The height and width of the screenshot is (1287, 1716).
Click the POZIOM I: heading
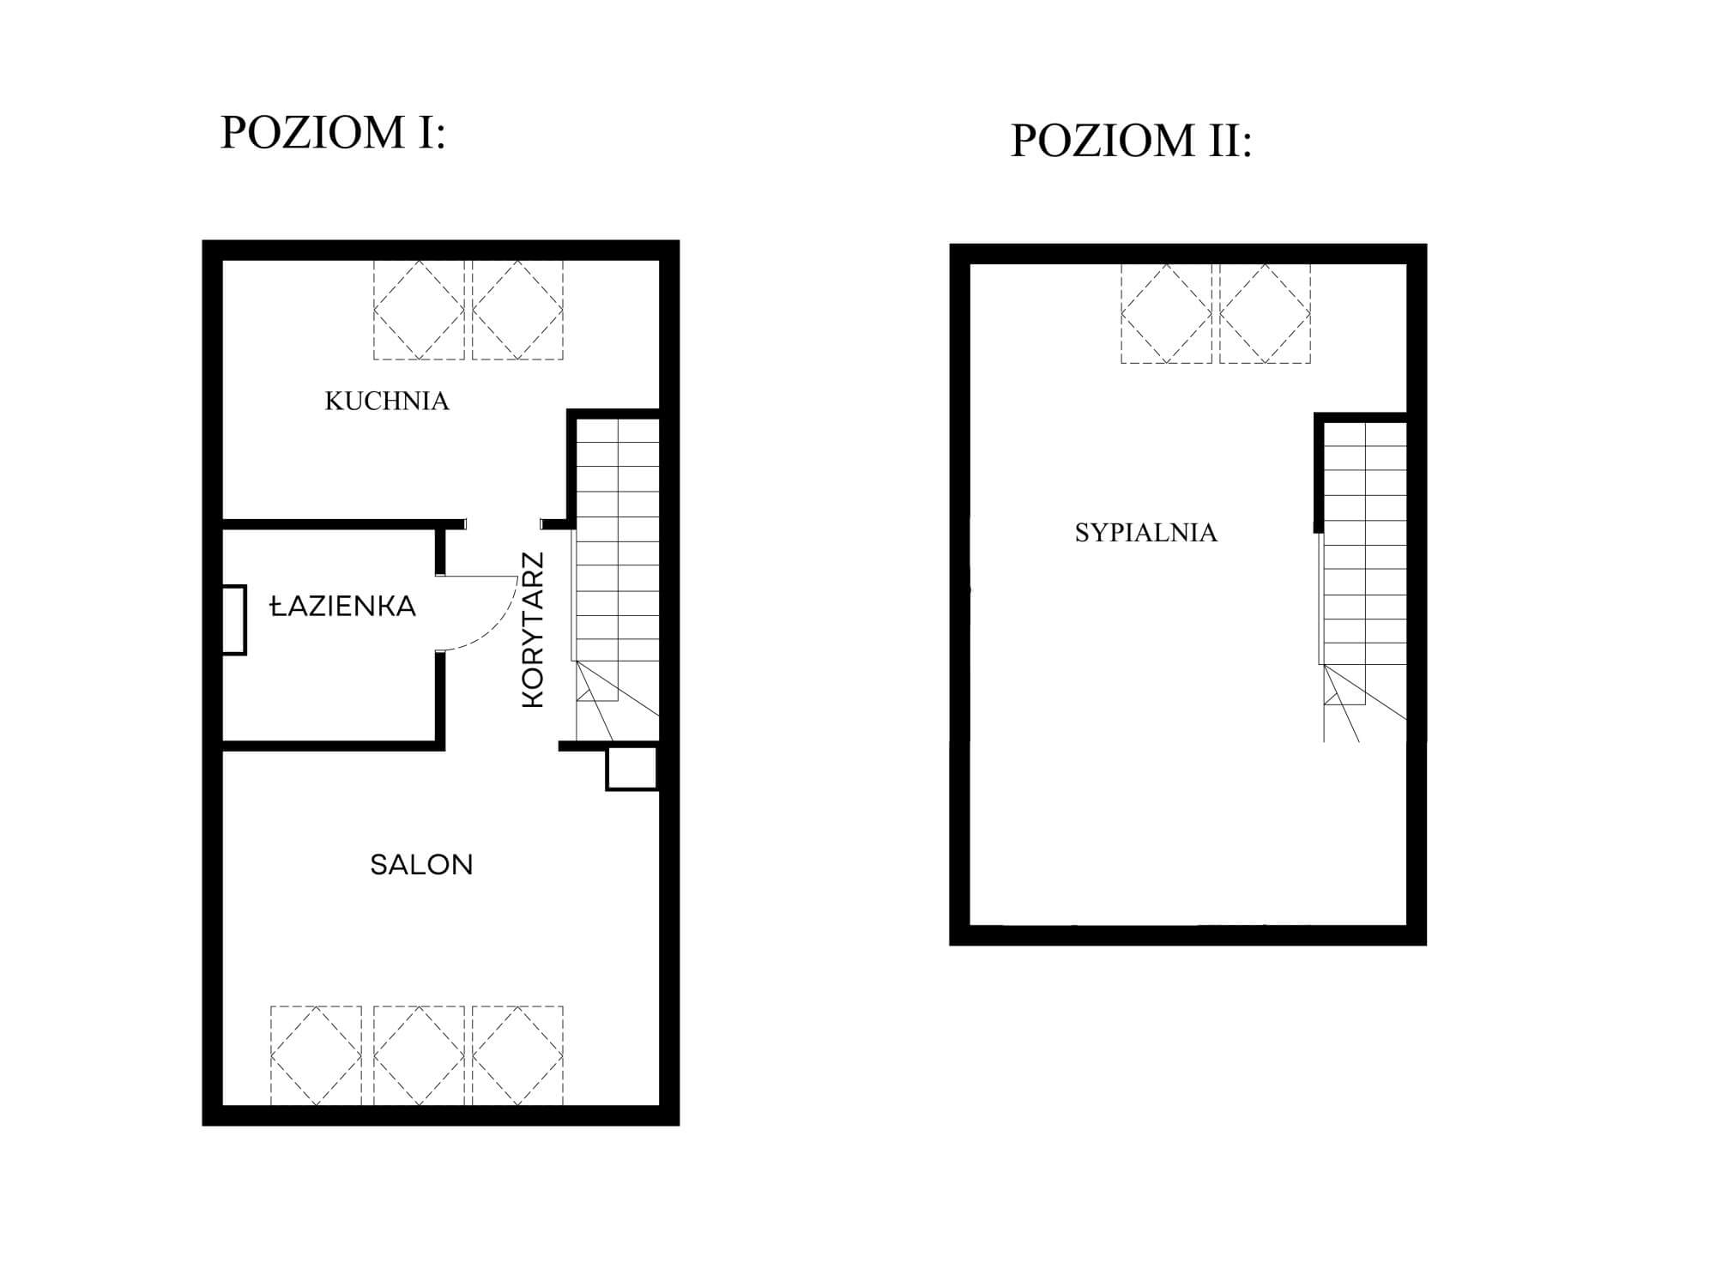tap(333, 133)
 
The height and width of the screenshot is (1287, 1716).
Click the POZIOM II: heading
tap(1132, 141)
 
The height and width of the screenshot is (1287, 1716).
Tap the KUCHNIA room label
tap(387, 401)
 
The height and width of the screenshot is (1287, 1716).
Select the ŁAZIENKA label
tap(343, 607)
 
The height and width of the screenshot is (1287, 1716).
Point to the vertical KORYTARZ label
tap(533, 630)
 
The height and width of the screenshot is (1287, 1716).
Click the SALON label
tap(421, 864)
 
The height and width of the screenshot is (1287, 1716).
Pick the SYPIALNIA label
tap(1146, 533)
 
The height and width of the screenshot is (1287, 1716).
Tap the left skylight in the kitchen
tap(419, 310)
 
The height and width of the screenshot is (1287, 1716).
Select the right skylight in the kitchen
tap(517, 310)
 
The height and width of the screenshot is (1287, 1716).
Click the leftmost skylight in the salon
tap(316, 1055)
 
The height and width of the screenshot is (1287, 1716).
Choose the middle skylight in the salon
tap(419, 1055)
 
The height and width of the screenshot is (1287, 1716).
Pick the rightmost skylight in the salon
tap(517, 1055)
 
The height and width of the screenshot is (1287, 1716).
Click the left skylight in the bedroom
tap(1166, 314)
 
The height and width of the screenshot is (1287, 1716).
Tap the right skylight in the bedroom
tap(1265, 314)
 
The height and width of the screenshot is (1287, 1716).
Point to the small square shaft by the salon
tap(632, 768)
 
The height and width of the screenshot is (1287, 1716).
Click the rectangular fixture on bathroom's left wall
tap(234, 620)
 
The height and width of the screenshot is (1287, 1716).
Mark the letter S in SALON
tap(378, 864)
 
